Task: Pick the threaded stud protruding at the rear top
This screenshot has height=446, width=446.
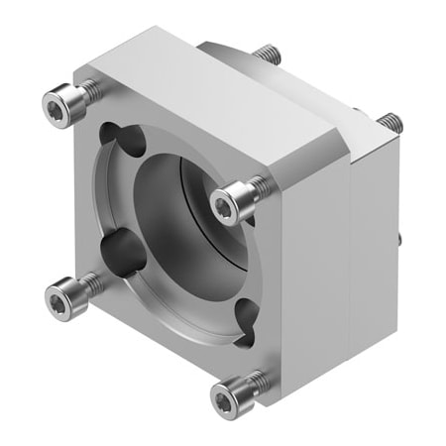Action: (266, 56)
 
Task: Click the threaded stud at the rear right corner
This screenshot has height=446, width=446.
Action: (390, 124)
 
